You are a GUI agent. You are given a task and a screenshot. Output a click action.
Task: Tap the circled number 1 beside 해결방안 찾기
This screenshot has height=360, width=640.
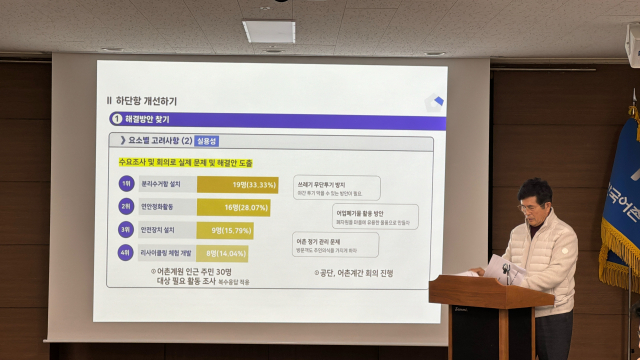[x=116, y=120]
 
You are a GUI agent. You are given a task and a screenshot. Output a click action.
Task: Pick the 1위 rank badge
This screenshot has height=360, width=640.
[x=126, y=184]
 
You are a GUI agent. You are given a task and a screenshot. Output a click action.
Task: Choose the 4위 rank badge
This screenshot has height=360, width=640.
[x=126, y=253]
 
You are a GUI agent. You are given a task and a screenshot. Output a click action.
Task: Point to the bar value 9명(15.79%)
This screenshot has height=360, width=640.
[x=232, y=230]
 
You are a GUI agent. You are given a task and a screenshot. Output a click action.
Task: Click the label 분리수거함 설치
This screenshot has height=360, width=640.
[x=163, y=184]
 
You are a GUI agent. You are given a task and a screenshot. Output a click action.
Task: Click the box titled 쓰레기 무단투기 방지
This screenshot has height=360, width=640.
[x=337, y=187]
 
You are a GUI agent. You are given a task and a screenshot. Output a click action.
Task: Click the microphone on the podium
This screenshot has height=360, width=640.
[x=506, y=270]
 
